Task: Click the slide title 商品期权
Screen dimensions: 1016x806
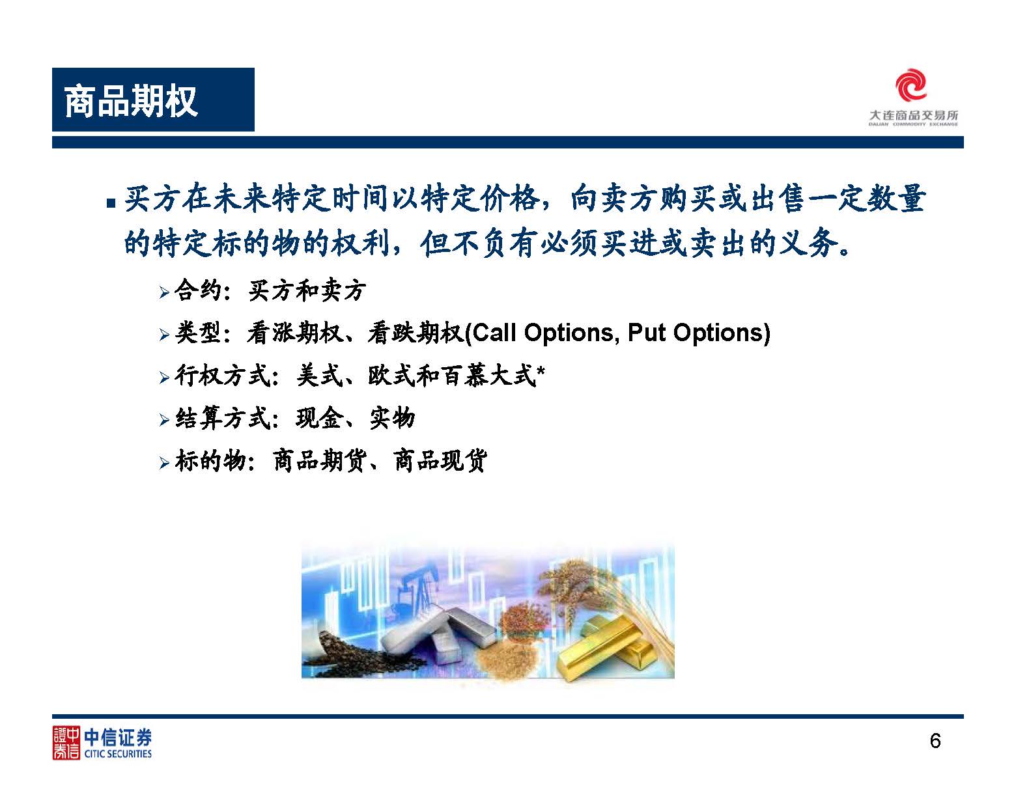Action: click(131, 100)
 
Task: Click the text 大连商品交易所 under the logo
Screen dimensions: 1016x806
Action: click(914, 115)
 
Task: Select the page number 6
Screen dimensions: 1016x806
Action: click(935, 741)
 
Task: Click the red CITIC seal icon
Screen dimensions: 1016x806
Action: click(66, 743)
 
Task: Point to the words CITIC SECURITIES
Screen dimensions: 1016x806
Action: click(118, 754)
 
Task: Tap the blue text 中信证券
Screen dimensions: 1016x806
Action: click(118, 737)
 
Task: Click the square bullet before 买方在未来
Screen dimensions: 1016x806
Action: click(111, 204)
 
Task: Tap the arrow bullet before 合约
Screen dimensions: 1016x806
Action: click(164, 293)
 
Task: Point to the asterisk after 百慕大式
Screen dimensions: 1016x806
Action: click(541, 371)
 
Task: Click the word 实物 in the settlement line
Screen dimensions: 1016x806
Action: click(392, 418)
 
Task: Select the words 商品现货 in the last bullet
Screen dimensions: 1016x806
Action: click(440, 460)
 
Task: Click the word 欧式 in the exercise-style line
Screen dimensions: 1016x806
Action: click(391, 376)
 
